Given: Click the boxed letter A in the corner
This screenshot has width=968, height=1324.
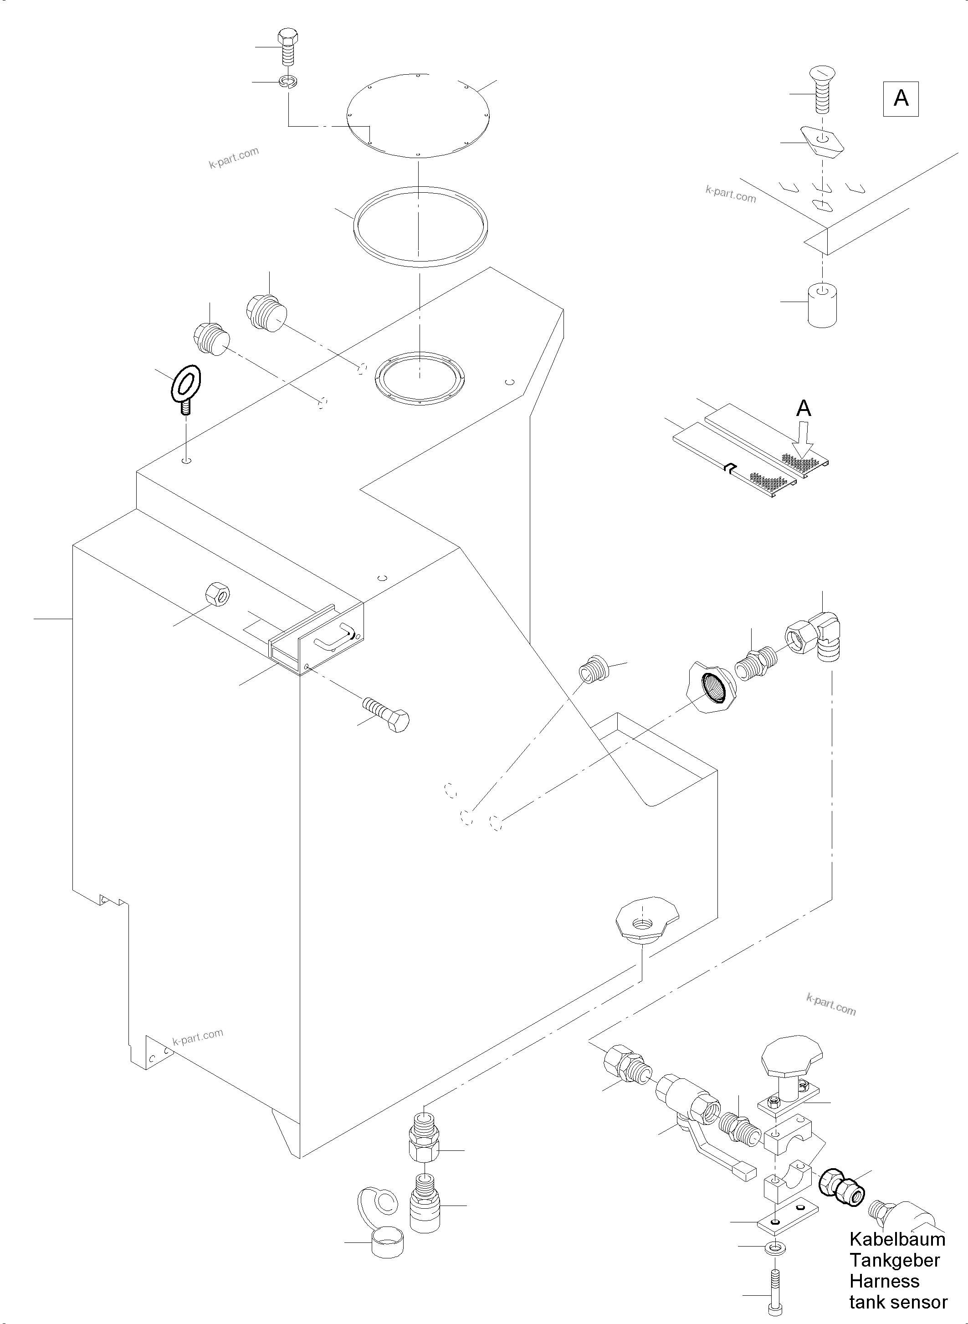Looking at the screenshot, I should click(x=901, y=99).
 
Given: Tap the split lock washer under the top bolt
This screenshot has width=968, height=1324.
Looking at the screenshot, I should click(x=288, y=82).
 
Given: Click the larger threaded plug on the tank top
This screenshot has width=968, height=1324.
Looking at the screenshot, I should click(x=268, y=313).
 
